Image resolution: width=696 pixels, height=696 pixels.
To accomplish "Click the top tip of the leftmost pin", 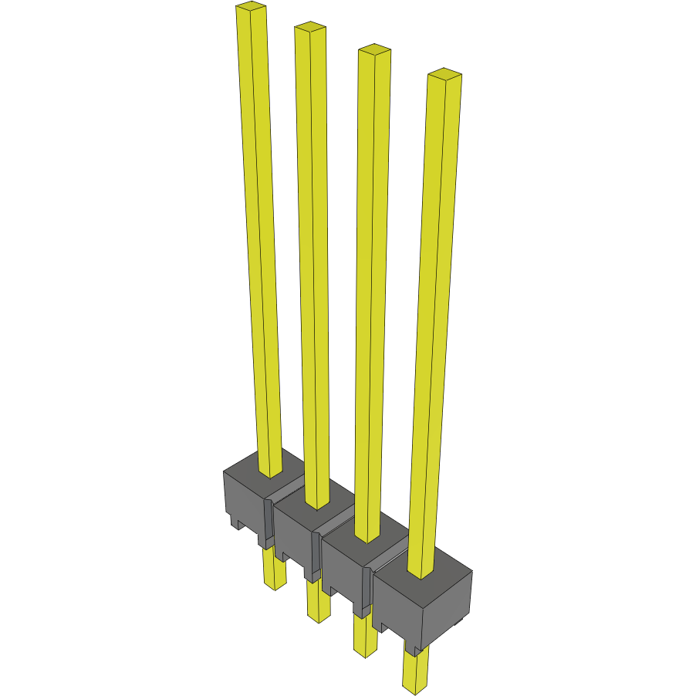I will coord(251,8).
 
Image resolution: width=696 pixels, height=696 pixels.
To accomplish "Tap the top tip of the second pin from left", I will coord(309,28).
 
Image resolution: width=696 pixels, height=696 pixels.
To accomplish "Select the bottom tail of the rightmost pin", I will coord(414,670).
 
